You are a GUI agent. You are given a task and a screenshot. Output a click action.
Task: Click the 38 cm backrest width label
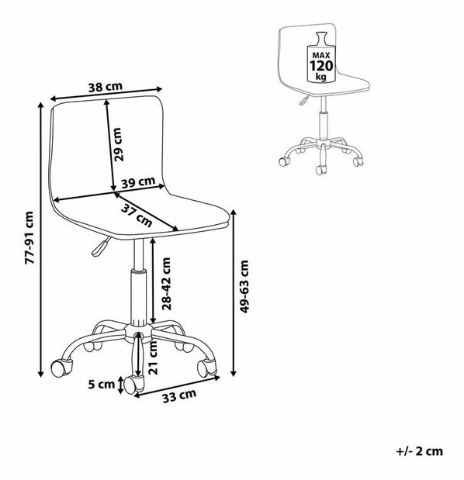tap(106, 88)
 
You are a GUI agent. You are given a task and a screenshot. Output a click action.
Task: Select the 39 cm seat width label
tap(138, 182)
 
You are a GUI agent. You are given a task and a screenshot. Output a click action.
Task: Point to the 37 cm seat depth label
tap(137, 216)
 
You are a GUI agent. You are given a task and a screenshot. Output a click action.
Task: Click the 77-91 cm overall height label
tap(29, 238)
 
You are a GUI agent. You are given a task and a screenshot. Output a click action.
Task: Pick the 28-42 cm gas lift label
tap(166, 284)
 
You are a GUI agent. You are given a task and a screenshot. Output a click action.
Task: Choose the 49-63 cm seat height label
tap(244, 287)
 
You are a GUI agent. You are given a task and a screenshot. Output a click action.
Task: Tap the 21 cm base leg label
tap(153, 357)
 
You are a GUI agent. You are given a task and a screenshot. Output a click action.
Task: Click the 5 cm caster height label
tap(102, 384)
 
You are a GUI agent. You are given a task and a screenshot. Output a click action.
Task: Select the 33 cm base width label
tap(179, 396)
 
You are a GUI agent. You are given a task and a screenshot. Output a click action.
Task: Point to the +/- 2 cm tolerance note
tap(420, 451)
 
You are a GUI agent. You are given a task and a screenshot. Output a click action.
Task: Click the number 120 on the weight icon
tap(321, 66)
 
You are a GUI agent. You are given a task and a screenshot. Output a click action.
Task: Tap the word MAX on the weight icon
tap(321, 55)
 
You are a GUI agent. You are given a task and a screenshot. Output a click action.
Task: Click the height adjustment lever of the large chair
tap(100, 247)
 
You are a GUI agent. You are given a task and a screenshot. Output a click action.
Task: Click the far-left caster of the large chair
tap(61, 368)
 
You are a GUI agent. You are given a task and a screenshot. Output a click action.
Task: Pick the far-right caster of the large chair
tap(206, 368)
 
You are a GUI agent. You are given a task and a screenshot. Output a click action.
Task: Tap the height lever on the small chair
tap(304, 100)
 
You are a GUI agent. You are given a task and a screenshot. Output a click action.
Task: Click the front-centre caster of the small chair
tap(321, 170)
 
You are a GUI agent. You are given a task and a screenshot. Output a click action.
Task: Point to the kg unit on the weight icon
tap(321, 77)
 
